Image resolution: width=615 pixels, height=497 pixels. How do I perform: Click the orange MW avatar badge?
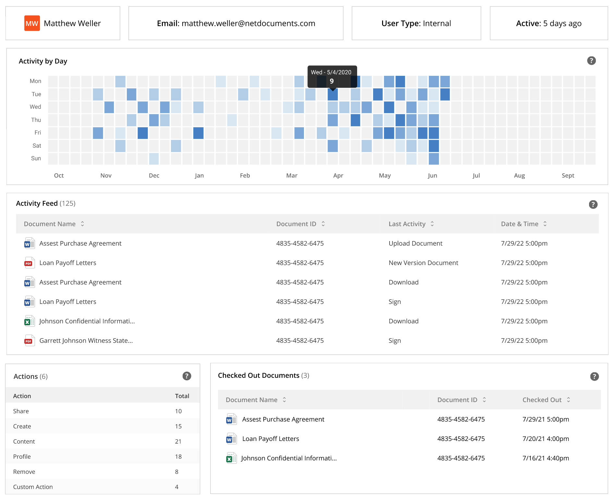click(x=32, y=23)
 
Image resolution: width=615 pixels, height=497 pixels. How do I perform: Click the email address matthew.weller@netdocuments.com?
click(x=248, y=23)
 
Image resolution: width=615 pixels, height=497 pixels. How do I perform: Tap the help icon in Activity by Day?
click(x=591, y=61)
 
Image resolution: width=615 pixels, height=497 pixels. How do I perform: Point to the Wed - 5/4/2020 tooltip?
click(x=332, y=76)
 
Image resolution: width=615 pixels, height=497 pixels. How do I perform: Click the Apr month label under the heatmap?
click(x=338, y=176)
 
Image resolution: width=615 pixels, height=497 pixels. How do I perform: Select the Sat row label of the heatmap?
click(x=37, y=146)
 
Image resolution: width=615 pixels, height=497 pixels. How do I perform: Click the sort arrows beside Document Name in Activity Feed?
click(x=82, y=224)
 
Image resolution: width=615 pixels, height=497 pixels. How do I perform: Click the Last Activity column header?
click(x=407, y=224)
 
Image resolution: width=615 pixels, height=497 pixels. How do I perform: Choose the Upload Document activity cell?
click(x=415, y=243)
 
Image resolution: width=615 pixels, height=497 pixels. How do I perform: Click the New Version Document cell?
click(x=423, y=263)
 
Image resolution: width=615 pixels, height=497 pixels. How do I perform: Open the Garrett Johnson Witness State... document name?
click(x=86, y=341)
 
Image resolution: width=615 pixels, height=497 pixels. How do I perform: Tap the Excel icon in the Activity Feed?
click(x=29, y=321)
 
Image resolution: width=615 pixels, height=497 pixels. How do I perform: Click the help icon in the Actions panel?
click(x=187, y=376)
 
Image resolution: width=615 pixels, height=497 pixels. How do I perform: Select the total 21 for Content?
click(x=178, y=442)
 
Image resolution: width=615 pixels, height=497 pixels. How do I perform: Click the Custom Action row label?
click(x=33, y=487)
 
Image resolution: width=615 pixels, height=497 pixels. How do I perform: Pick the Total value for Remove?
click(x=177, y=472)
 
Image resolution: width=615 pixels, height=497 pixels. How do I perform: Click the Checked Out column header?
click(x=542, y=400)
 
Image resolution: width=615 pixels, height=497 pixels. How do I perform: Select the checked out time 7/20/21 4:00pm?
click(x=546, y=439)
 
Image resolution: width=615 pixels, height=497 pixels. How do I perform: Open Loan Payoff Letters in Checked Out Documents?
click(x=271, y=439)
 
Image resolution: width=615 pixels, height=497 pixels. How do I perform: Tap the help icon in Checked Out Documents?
click(x=594, y=376)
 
